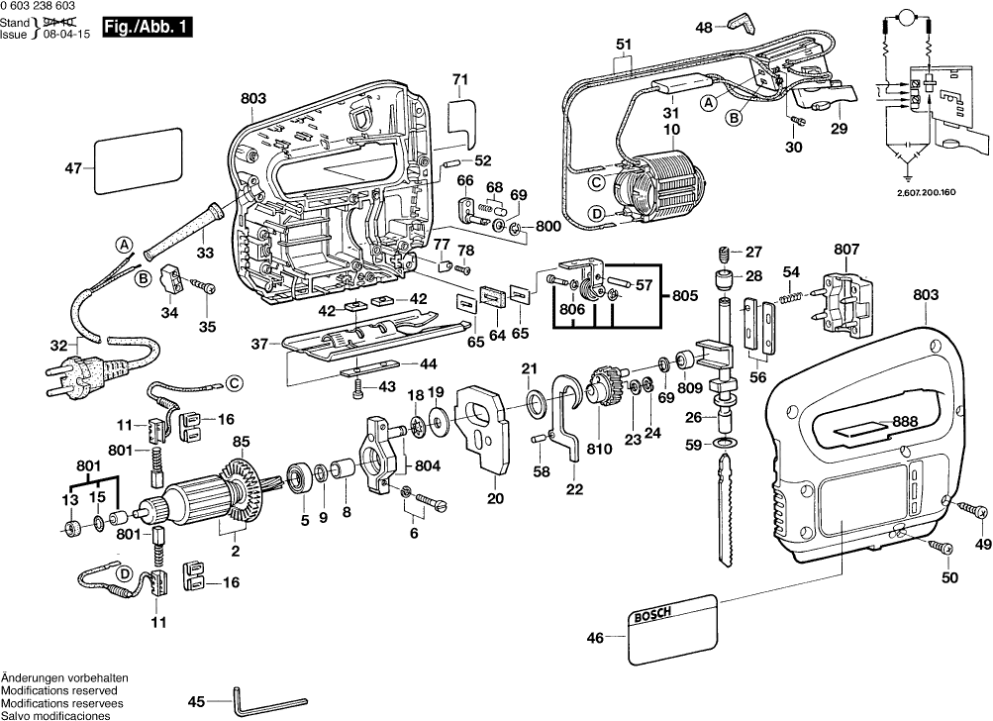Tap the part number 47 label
click(x=73, y=168)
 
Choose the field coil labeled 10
click(x=657, y=184)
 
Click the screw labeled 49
click(x=974, y=507)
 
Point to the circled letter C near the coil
click(x=597, y=181)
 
